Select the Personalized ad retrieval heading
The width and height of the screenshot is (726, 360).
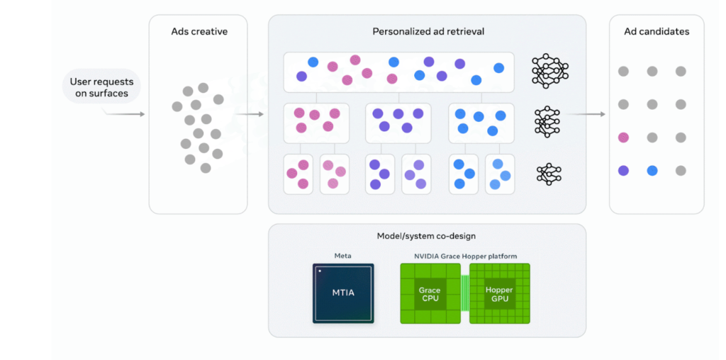(428, 32)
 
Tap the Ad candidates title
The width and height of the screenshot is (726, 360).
(657, 32)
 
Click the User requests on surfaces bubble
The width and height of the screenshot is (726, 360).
(101, 88)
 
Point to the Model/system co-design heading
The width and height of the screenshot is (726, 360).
(427, 236)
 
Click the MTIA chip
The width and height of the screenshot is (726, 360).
(343, 293)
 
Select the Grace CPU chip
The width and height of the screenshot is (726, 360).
(430, 294)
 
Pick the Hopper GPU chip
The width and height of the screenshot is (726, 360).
(499, 294)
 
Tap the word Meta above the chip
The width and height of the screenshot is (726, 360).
(343, 256)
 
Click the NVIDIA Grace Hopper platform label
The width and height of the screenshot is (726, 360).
(465, 256)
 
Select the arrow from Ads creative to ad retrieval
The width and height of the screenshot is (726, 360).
(249, 113)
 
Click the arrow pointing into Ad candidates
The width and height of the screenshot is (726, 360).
(586, 113)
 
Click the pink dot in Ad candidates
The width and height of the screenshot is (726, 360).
(623, 137)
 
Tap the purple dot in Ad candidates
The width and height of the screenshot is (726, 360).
(623, 171)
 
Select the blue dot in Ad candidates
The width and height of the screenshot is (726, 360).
(652, 171)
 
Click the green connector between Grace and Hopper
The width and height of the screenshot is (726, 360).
(465, 294)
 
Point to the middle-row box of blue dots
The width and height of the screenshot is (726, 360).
(481, 123)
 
